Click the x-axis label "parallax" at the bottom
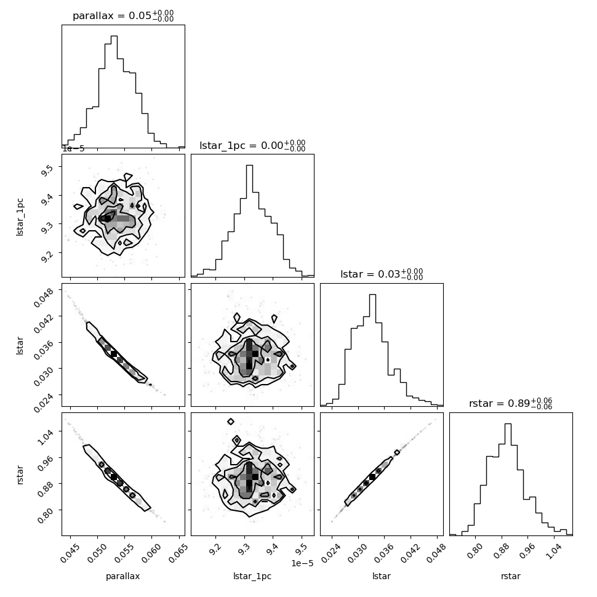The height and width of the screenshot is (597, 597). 122,576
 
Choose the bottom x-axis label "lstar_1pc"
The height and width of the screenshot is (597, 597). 252,576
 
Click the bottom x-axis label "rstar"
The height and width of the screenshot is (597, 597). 511,576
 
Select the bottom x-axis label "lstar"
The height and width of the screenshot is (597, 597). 382,576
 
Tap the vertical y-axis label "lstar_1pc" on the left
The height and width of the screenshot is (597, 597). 20,217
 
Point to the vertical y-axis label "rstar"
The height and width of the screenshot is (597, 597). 20,475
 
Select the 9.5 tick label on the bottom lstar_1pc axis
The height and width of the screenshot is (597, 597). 300,548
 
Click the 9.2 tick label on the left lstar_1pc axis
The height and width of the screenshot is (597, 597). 46,257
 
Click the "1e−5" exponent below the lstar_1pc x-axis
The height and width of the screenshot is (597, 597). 302,563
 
